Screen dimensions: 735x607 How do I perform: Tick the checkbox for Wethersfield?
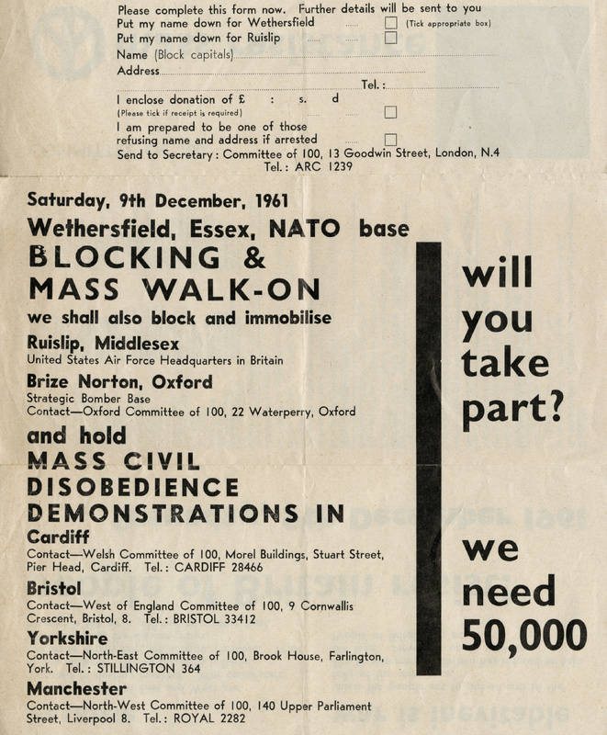[x=391, y=22]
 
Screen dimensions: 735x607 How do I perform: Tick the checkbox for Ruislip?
[x=391, y=39]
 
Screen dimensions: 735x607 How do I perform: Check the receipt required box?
[x=390, y=112]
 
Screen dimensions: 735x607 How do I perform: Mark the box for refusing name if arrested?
[x=391, y=140]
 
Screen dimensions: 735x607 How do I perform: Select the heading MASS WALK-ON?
[x=174, y=288]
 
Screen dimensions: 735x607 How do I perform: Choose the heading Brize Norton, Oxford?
[x=119, y=381]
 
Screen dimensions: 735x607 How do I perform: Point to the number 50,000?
[x=524, y=634]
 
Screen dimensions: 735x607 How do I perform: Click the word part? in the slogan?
[x=511, y=410]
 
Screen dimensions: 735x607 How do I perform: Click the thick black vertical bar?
[x=428, y=459]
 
